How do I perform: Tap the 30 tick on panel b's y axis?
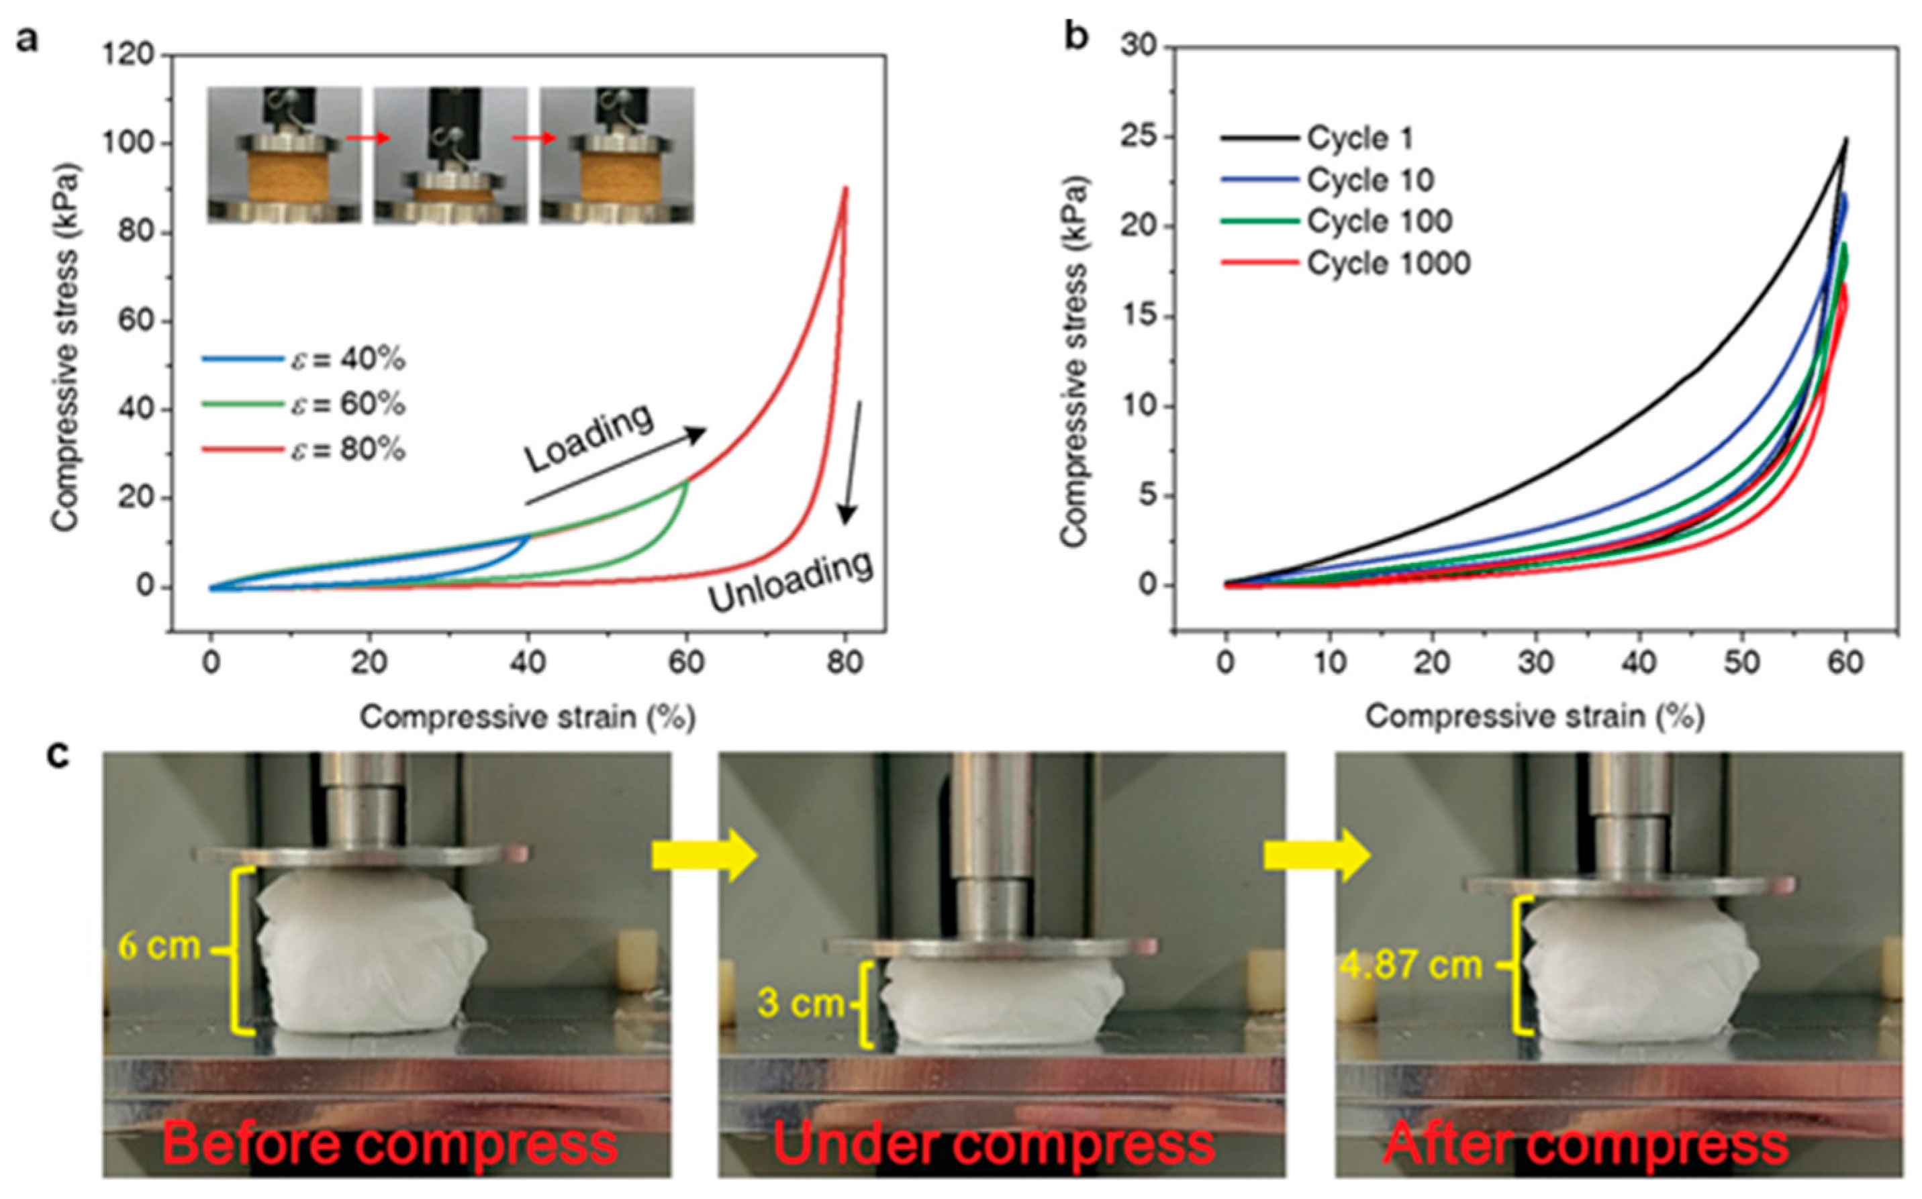[x=1139, y=46]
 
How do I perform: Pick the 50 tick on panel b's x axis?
[x=1742, y=662]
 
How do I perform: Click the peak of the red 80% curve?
[x=846, y=189]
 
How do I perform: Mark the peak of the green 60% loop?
[x=687, y=480]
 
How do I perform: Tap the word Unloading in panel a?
[x=790, y=583]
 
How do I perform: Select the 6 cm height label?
[x=158, y=946]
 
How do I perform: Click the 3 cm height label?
[x=800, y=1003]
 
